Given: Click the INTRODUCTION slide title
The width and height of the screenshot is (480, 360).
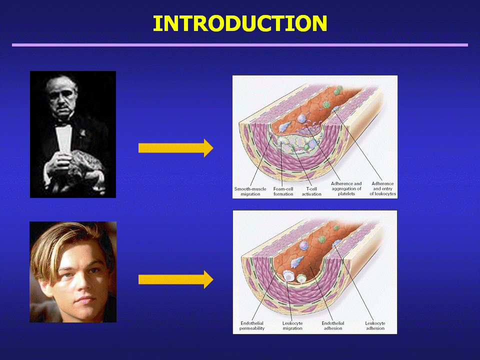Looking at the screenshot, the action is click(x=240, y=23).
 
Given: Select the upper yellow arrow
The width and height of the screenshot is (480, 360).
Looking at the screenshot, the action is click(x=175, y=148).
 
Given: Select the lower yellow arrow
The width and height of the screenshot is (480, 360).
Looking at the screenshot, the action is click(x=175, y=279).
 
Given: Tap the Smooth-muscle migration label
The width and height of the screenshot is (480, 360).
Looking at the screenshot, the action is click(x=250, y=191).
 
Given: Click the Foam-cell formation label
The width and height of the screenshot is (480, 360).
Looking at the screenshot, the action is click(x=283, y=191).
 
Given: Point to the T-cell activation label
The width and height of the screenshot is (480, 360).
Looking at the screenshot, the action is click(x=311, y=191).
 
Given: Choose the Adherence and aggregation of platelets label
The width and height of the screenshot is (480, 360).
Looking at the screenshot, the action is click(x=346, y=188).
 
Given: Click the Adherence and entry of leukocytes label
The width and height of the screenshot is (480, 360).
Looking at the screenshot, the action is click(x=382, y=188).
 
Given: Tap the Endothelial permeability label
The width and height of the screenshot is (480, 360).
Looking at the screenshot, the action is click(x=252, y=325).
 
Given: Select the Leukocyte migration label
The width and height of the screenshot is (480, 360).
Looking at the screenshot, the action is click(x=292, y=325).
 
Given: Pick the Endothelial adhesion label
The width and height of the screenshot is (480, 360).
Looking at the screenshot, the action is click(x=333, y=325).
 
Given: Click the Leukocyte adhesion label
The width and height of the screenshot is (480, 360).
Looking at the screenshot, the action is click(x=375, y=325).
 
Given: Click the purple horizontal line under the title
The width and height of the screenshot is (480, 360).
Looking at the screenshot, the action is click(x=240, y=45).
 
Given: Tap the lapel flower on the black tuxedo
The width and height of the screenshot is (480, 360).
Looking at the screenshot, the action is click(x=82, y=133).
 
